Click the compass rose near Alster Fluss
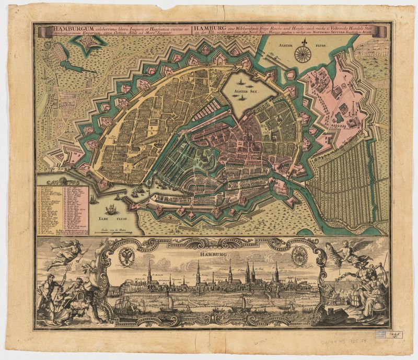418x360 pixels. coord(302,52)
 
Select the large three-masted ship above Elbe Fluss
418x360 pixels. coord(111,210)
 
